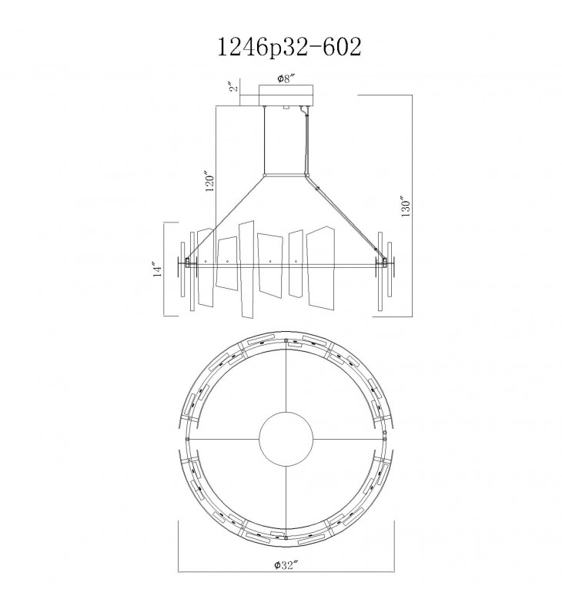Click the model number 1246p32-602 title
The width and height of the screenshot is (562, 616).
[289, 48]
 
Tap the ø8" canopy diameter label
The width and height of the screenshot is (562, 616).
[286, 79]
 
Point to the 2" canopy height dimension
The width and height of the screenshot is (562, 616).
[234, 87]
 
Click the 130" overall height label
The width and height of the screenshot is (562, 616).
[406, 206]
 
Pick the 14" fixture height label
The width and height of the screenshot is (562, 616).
[158, 269]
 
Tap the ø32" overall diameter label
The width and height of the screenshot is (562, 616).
[286, 565]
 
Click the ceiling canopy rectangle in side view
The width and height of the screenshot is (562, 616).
[286, 95]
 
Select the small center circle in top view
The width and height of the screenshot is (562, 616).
[286, 438]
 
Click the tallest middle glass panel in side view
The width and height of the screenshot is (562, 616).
[246, 270]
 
